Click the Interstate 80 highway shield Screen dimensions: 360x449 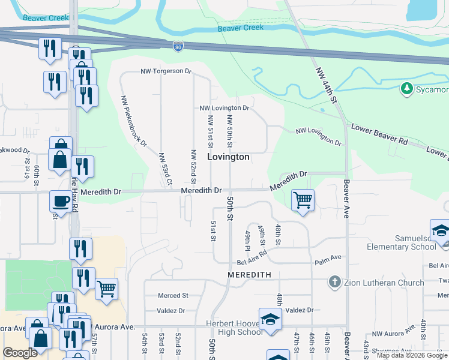(x=178, y=46)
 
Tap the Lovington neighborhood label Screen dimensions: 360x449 (x=228, y=157)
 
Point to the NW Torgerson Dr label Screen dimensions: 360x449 (x=166, y=71)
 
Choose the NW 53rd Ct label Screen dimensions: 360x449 (x=165, y=169)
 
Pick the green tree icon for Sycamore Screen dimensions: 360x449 (x=406, y=89)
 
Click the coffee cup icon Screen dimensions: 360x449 (x=60, y=201)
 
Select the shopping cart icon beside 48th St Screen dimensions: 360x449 (x=303, y=200)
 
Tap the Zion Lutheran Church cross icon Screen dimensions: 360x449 (x=335, y=281)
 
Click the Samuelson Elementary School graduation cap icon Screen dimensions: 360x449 (x=440, y=230)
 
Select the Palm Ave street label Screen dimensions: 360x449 (x=328, y=257)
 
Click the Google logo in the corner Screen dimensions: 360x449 (x=20, y=353)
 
